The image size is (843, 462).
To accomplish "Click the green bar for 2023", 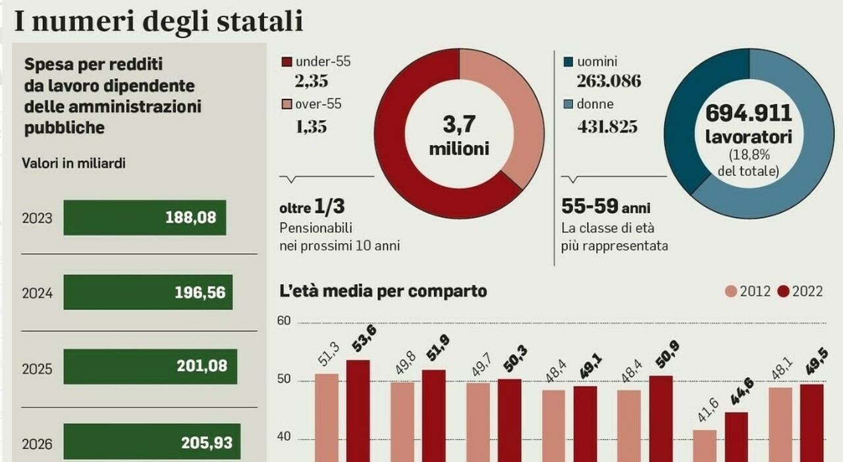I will pos(144,217).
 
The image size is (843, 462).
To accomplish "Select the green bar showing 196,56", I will pos(148,292).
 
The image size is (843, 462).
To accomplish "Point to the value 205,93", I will pos(206,443).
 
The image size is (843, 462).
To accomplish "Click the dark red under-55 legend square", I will pos(286,63).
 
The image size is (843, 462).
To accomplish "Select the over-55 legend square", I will pos(286,104).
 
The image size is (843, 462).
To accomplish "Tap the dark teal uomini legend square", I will pos(568,63).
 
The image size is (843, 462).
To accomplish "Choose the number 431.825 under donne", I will pos(607,126).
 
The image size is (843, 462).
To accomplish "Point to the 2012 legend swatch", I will pos(731,291).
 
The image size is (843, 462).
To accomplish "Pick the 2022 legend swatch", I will pos(784,291).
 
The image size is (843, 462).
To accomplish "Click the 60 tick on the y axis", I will pos(284,321).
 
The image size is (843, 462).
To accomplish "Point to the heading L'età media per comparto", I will pos(383,291).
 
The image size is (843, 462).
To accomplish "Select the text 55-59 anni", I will pos(605,208).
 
